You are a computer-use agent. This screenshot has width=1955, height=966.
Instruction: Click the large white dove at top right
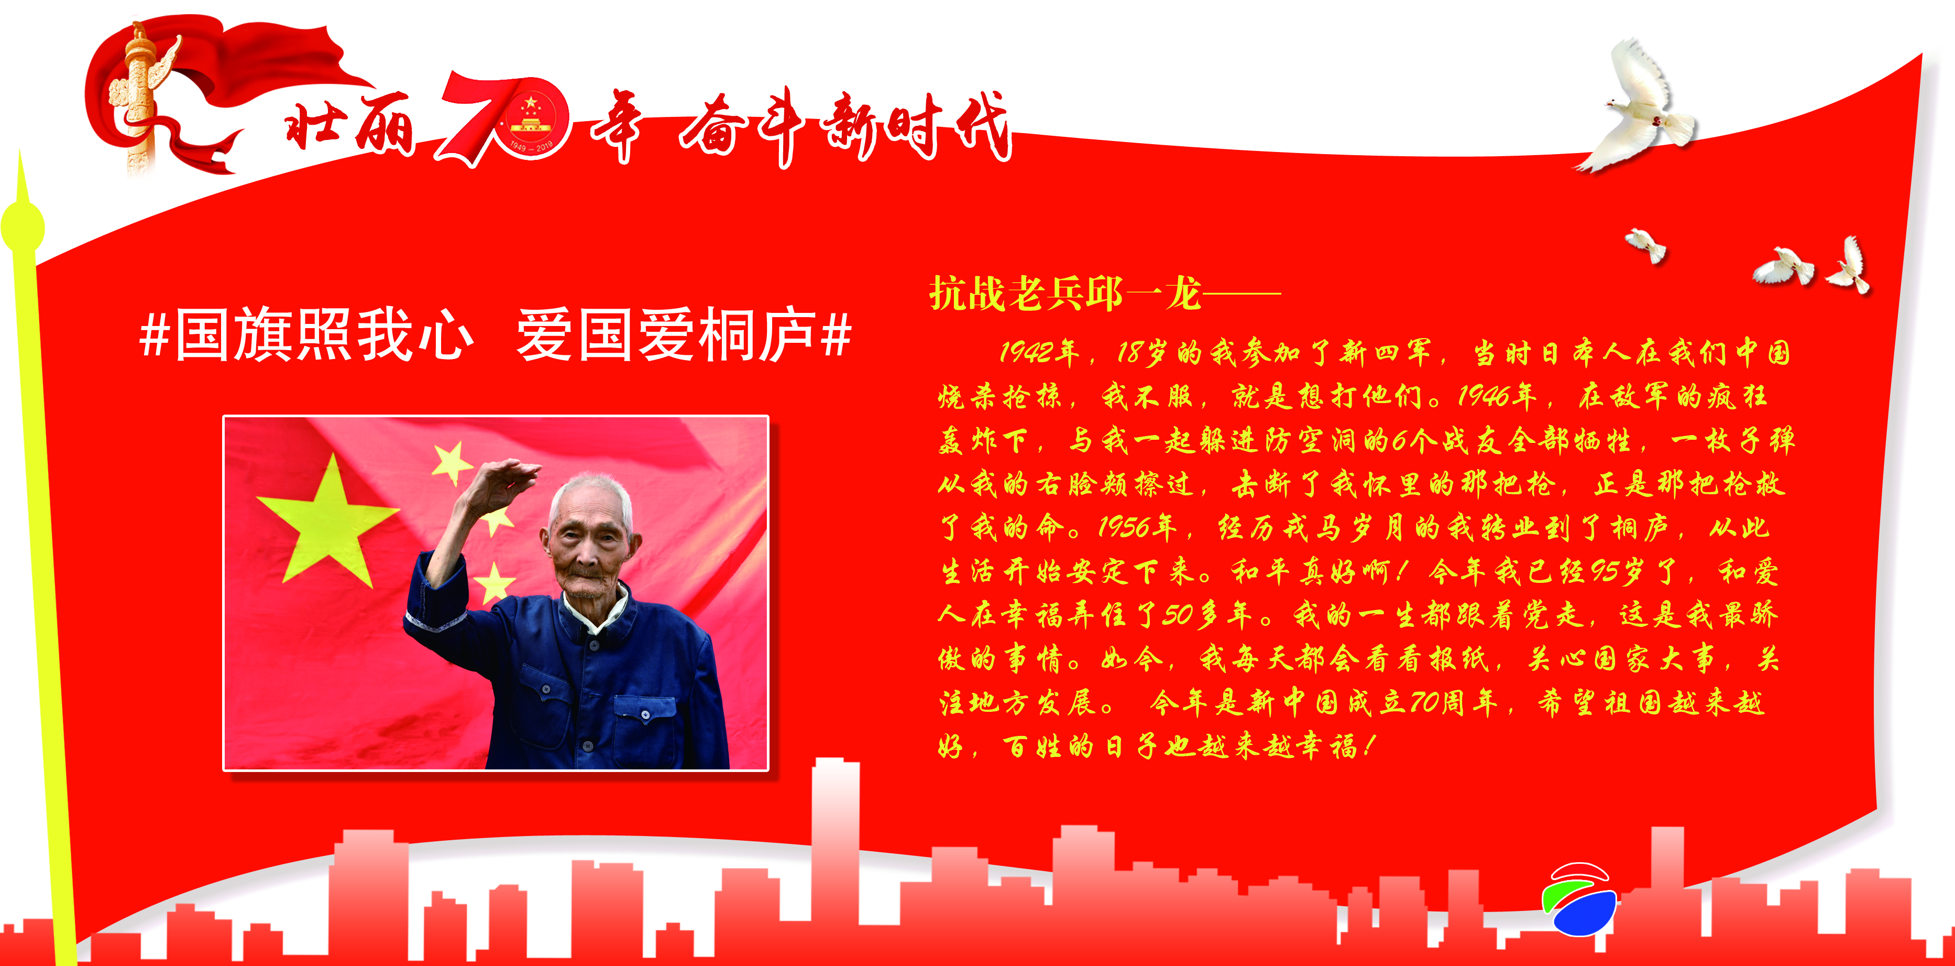click(1643, 110)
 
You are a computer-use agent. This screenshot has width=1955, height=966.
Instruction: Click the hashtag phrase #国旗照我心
click(306, 334)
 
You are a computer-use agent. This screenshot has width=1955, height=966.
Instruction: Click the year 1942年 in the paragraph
click(1039, 352)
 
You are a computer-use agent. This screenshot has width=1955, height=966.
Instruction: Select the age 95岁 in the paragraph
click(1617, 570)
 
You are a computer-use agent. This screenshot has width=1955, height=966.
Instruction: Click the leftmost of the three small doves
click(1645, 245)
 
